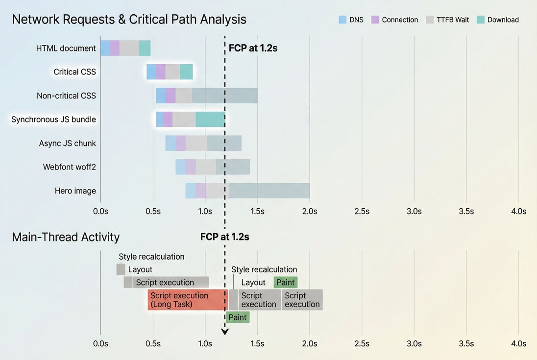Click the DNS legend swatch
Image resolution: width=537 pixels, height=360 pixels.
(342, 20)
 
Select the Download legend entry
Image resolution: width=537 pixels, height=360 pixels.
(503, 20)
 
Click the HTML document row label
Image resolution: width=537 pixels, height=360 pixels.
(66, 48)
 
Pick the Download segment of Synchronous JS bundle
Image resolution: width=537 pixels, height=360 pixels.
(210, 120)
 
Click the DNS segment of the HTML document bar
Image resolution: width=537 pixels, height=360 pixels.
(105, 48)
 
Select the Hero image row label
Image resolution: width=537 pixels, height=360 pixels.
(75, 191)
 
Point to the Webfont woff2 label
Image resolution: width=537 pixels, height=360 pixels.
(69, 167)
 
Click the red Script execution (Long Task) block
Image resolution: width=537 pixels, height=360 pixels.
(188, 300)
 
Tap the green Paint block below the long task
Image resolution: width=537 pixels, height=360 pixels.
(238, 317)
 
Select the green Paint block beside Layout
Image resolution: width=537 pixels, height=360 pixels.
(286, 282)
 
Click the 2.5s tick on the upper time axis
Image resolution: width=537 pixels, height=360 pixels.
(362, 212)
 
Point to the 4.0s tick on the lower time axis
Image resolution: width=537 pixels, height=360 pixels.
(518, 343)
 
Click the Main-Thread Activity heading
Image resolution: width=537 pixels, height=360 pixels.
(66, 237)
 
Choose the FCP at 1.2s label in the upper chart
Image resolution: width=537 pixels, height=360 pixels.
(253, 48)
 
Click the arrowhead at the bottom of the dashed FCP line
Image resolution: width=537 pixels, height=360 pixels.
(225, 332)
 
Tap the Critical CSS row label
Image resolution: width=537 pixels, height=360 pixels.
(74, 72)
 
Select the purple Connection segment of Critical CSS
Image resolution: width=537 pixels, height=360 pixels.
(161, 72)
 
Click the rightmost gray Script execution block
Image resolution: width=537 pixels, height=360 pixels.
(302, 300)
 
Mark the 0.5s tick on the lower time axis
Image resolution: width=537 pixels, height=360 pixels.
(153, 343)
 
